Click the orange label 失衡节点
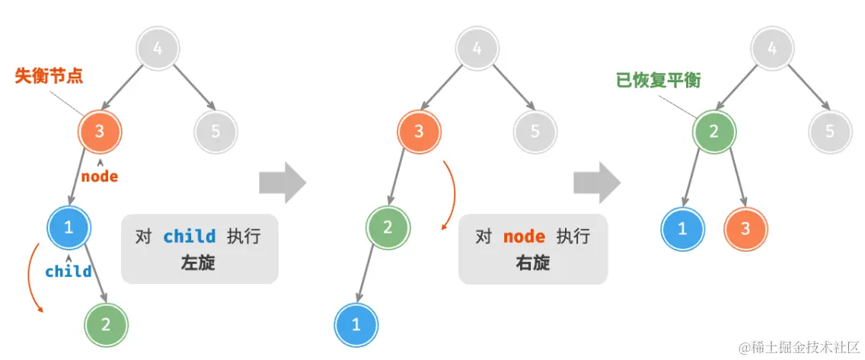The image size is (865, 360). click(x=49, y=76)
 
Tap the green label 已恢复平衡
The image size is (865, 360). click(x=658, y=80)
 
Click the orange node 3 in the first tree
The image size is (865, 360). click(x=99, y=132)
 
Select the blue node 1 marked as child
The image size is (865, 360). click(x=69, y=227)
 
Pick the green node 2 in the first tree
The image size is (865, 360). click(x=106, y=323)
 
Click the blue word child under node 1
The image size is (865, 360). click(x=69, y=272)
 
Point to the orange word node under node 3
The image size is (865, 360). click(x=100, y=177)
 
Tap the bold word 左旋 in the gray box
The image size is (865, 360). click(x=199, y=263)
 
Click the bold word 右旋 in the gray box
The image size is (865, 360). click(x=532, y=263)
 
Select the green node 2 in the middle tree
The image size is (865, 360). click(x=388, y=227)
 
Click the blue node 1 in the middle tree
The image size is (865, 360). click(x=356, y=323)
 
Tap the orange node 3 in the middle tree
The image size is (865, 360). click(x=418, y=132)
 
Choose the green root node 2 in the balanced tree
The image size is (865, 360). click(x=713, y=132)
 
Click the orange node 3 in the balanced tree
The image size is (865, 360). click(x=745, y=227)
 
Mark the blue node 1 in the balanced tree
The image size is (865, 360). click(x=681, y=227)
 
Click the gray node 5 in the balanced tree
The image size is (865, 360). click(x=829, y=132)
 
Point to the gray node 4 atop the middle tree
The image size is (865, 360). click(x=477, y=50)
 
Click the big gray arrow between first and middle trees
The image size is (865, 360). click(x=282, y=183)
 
